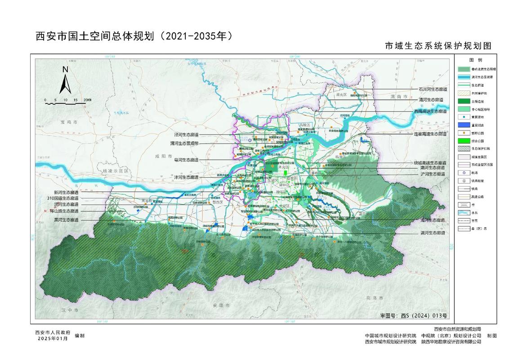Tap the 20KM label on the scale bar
tap(87, 100)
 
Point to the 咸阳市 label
tap(160, 155)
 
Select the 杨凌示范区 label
tap(115, 171)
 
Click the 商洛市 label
tap(374, 298)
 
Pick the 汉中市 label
tap(70, 310)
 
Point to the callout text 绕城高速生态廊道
tap(429, 162)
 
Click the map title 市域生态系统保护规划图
tap(437, 46)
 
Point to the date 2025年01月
tap(53, 338)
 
